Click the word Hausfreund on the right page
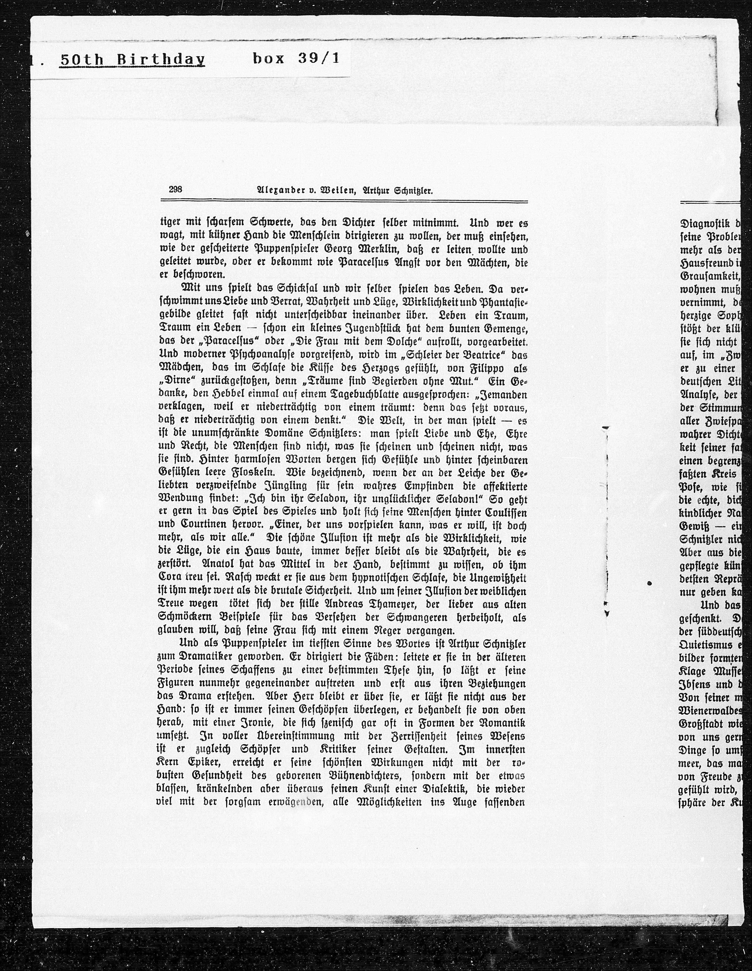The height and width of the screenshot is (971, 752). click(703, 263)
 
